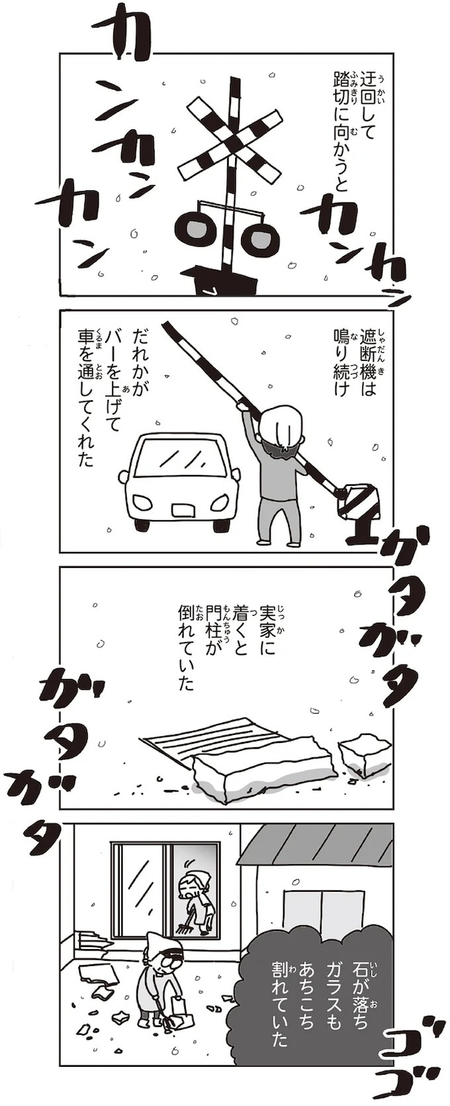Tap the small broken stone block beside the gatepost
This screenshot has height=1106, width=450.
[x=364, y=752]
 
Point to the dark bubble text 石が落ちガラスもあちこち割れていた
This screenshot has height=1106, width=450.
[x=320, y=999]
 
